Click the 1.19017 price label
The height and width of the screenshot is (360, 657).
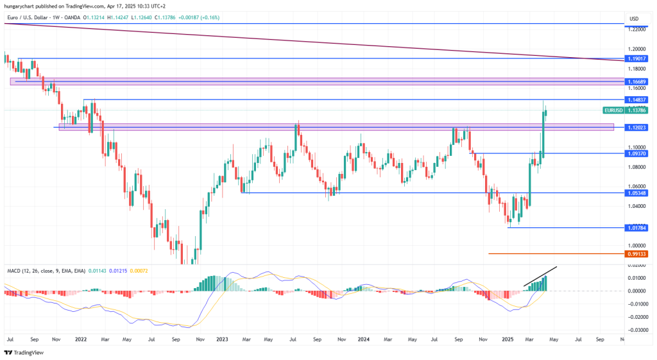pyautogui.click(x=636, y=58)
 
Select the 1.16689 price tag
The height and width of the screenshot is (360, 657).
pyautogui.click(x=636, y=81)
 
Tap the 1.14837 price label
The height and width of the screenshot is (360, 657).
pyautogui.click(x=636, y=99)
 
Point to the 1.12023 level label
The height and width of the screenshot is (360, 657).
pyautogui.click(x=636, y=127)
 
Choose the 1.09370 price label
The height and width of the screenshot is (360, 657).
pyautogui.click(x=636, y=153)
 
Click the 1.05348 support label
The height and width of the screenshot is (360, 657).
pyautogui.click(x=636, y=193)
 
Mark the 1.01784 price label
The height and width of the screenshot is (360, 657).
pyautogui.click(x=636, y=227)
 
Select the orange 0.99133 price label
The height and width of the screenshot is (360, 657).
pyautogui.click(x=636, y=253)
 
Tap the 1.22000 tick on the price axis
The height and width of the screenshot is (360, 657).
pyautogui.click(x=637, y=30)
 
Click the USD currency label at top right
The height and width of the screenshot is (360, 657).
pyautogui.click(x=634, y=18)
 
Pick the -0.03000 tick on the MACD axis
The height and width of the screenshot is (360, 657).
pyautogui.click(x=636, y=330)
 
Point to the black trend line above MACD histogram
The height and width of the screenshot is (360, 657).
pyautogui.click(x=540, y=276)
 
